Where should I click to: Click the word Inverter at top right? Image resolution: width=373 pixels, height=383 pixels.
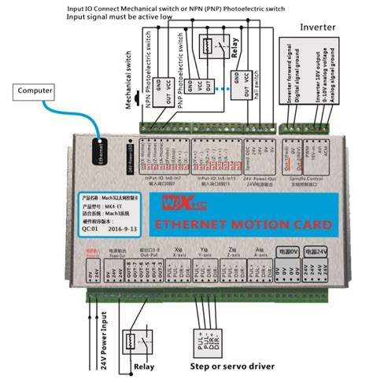coord(319,28)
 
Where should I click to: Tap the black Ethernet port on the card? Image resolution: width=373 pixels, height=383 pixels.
coord(100,149)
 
